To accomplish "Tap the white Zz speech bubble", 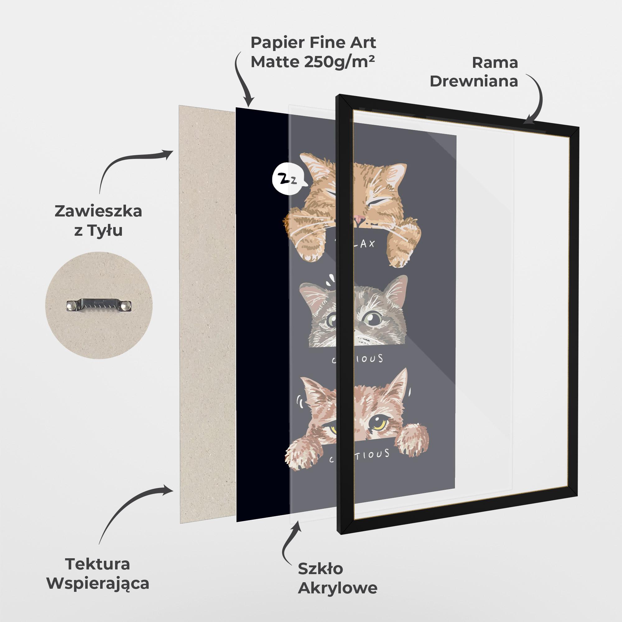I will tap(287, 180).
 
